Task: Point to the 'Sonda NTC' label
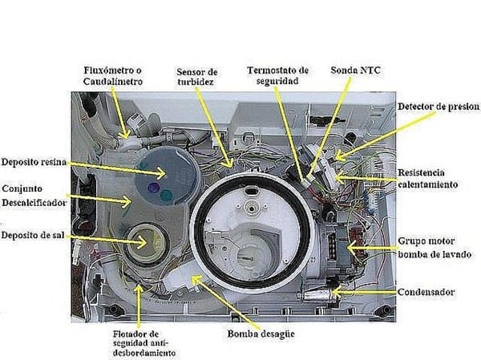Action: (355, 71)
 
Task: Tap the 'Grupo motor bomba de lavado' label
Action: (433, 247)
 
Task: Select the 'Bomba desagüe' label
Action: (257, 334)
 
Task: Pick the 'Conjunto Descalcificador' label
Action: (33, 196)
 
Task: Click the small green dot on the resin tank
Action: (165, 192)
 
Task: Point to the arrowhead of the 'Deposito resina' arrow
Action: (164, 172)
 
